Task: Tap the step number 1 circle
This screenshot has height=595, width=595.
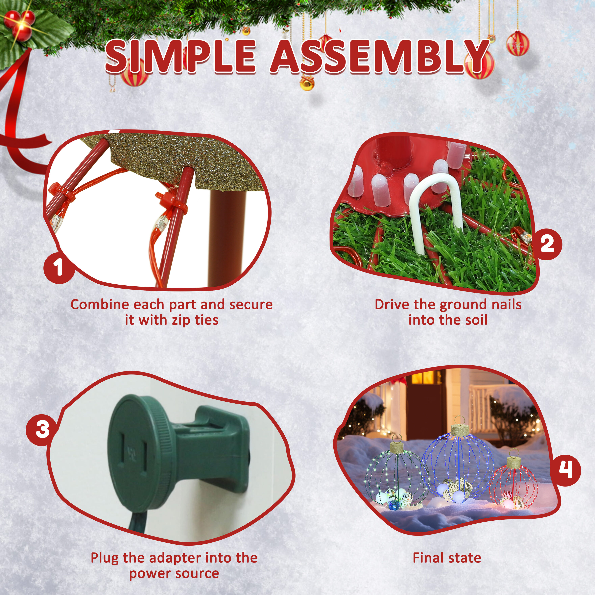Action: click(59, 267)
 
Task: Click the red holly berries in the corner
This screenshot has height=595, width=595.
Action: click(20, 25)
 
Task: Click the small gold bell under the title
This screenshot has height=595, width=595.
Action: click(307, 83)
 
